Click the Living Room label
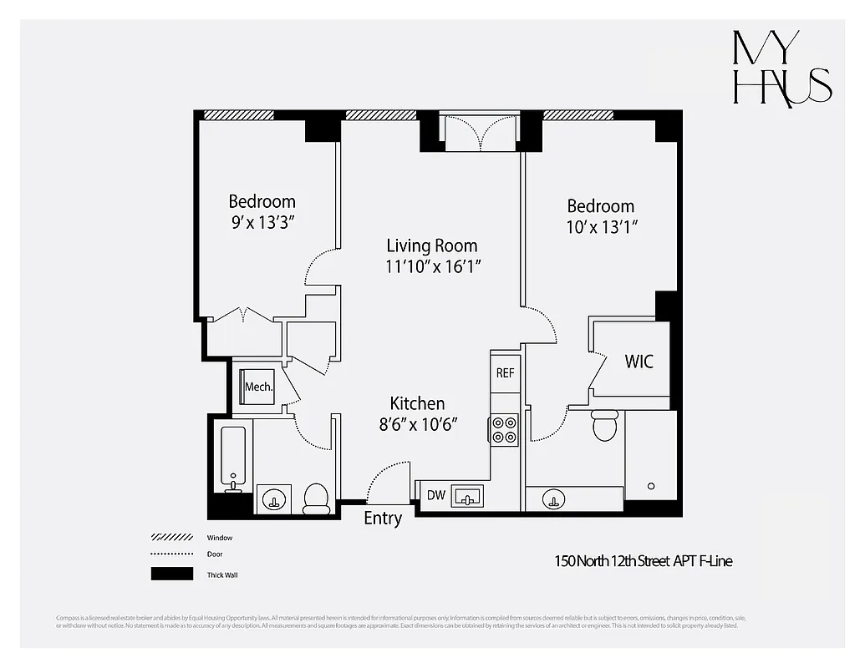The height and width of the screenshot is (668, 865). point(432,245)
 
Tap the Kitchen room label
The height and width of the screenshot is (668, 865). point(417,403)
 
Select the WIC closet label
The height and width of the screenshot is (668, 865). point(639,362)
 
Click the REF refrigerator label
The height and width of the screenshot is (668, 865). point(505,373)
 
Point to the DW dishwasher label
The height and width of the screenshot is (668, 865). point(435,496)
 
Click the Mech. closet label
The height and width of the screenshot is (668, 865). point(258,387)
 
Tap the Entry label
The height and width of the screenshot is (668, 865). point(383,519)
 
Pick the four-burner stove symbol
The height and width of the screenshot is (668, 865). point(504,429)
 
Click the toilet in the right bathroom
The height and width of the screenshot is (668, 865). point(603,425)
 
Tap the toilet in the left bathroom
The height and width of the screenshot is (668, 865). point(316,498)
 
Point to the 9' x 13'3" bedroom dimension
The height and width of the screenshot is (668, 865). point(262,222)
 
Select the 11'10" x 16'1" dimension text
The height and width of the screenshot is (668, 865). point(432,266)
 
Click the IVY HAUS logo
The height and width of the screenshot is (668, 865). point(781,68)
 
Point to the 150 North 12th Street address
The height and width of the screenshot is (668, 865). point(644,561)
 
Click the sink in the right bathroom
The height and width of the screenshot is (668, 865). point(552,500)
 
